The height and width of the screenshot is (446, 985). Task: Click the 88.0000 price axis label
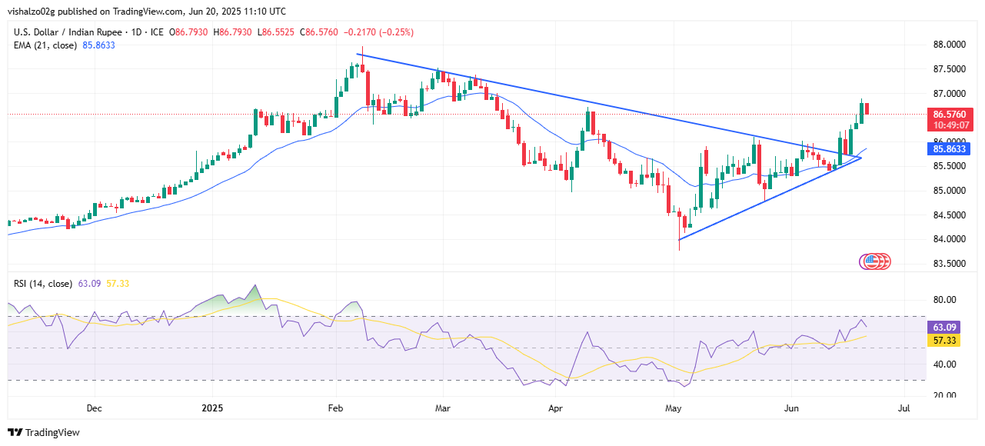point(950,45)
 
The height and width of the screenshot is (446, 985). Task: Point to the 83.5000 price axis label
point(950,264)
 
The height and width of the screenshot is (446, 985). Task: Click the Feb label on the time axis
point(335,408)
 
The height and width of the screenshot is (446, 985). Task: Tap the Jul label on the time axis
point(904,408)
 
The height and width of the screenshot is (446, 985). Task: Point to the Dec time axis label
point(95,408)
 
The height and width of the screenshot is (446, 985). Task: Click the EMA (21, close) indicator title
point(43,45)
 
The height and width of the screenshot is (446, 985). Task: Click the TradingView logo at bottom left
point(44,432)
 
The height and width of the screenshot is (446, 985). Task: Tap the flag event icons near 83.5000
point(874,262)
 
